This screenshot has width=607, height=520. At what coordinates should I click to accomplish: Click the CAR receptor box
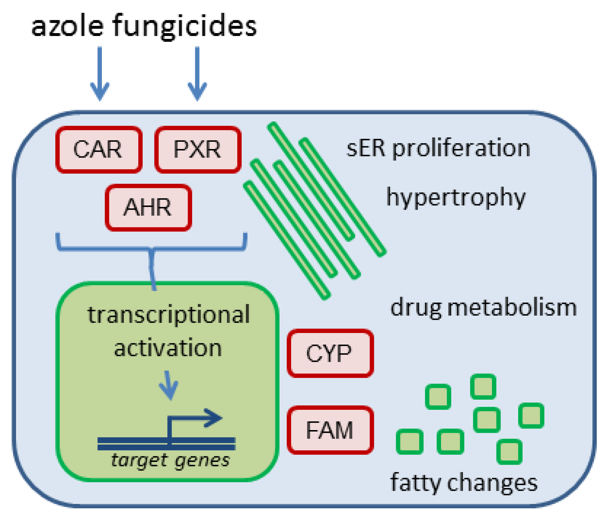pos(99,150)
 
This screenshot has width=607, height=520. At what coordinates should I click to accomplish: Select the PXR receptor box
pos(198,150)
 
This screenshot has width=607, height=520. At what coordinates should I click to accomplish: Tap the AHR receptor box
pos(148,207)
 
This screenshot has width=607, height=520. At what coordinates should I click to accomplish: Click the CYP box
pos(330,353)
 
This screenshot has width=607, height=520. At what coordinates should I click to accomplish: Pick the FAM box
pos(330,430)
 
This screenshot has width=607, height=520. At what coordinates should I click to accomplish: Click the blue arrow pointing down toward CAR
pos(100,74)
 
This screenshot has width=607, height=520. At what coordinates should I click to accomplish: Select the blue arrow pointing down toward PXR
pos(197,74)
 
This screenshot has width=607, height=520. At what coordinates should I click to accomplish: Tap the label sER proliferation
pos(438,149)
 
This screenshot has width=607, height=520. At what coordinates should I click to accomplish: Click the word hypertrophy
pos(456,197)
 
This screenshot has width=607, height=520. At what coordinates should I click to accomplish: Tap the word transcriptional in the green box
pos(169,315)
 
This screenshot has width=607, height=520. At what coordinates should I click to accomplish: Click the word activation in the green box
pos(168,348)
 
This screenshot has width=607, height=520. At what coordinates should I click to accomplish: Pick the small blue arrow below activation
pos(169,386)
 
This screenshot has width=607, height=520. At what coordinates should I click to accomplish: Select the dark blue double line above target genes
pos(166,443)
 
